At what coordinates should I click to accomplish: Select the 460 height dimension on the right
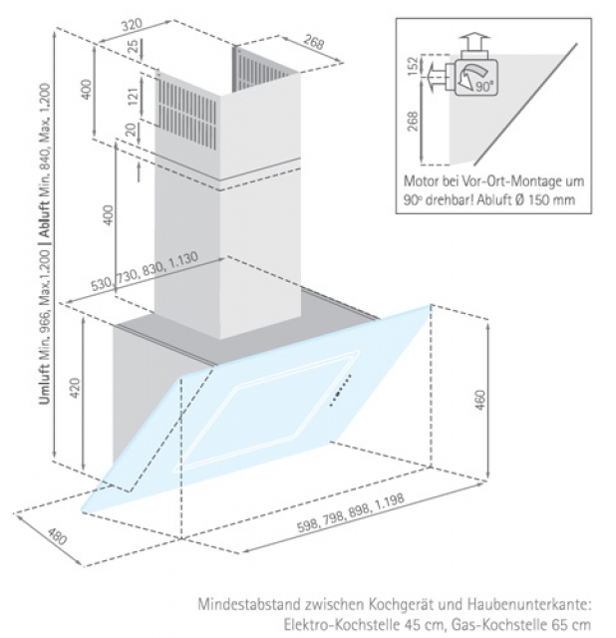pos(478,400)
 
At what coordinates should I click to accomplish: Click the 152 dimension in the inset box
pos(413,66)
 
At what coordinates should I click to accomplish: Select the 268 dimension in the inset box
pos(413,122)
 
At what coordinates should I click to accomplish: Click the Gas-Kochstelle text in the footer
pos(496,621)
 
